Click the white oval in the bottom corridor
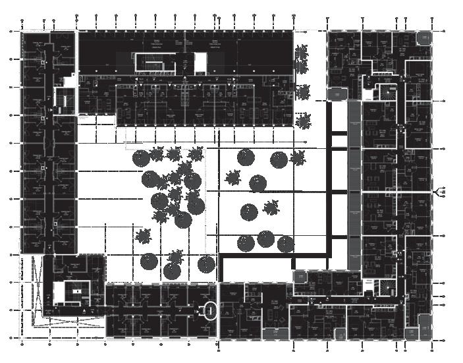210,309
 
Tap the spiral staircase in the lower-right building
381,287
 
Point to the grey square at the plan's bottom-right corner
425,325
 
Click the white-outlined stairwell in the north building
157,62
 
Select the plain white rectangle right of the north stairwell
201,63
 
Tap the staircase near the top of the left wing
64,100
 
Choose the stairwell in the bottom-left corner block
72,293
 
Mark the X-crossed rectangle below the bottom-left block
65,325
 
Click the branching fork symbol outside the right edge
440,192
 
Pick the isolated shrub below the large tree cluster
143,235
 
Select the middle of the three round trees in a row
266,238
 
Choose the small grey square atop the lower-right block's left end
300,276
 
